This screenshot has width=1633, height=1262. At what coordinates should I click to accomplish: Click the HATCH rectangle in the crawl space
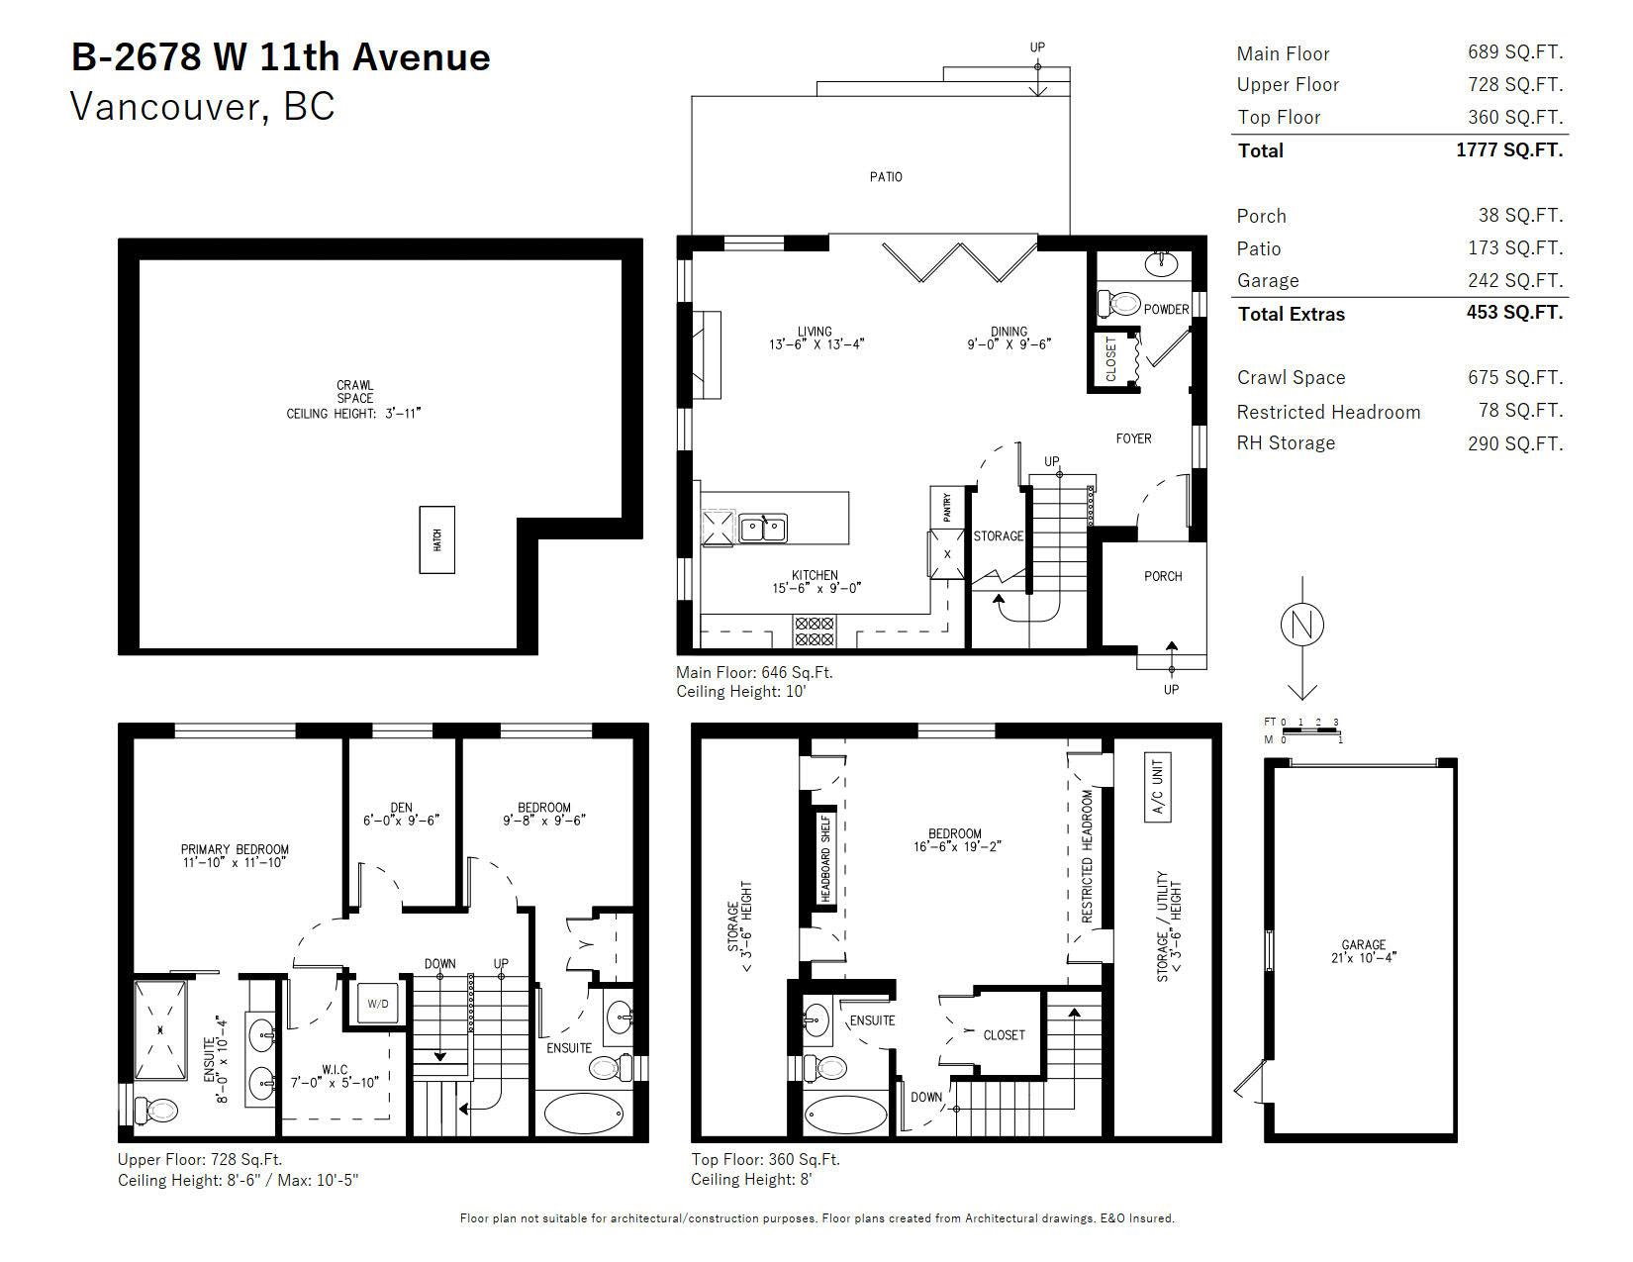[x=436, y=539]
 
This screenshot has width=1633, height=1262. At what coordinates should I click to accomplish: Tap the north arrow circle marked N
[x=1301, y=625]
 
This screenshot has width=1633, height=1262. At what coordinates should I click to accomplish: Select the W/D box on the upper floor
[x=378, y=1004]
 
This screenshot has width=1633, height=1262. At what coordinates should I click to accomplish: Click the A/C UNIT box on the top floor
[x=1157, y=787]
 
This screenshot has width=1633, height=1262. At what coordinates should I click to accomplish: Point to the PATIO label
[x=886, y=176]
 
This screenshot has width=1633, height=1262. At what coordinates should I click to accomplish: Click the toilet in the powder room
[x=1118, y=304]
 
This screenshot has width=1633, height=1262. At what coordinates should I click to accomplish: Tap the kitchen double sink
[x=763, y=528]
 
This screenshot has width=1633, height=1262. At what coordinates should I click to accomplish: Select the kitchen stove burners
[x=815, y=631]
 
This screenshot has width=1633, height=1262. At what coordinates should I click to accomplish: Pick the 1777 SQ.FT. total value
[x=1509, y=149]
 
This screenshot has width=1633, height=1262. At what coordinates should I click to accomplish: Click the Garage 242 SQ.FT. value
[x=1515, y=280]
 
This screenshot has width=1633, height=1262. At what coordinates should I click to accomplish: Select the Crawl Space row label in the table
[x=1292, y=377]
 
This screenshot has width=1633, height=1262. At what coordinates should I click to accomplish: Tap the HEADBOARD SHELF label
[x=825, y=858]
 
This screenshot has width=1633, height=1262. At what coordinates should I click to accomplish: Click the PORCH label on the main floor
[x=1163, y=576]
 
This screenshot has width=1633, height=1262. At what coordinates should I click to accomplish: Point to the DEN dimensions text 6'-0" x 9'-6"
[x=401, y=820]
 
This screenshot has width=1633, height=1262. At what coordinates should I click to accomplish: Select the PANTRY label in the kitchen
[x=947, y=507]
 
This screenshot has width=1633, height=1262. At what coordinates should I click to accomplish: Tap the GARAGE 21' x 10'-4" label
[x=1363, y=951]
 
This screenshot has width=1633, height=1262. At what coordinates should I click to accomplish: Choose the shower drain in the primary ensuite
[x=160, y=1029]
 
